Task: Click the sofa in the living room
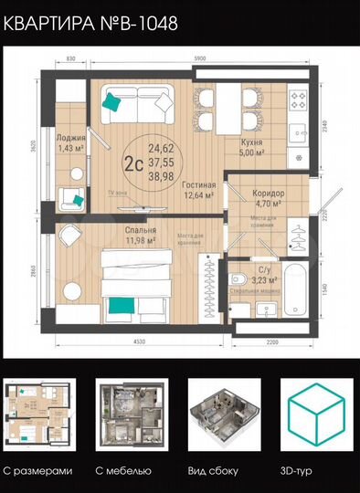[x=132, y=105]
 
